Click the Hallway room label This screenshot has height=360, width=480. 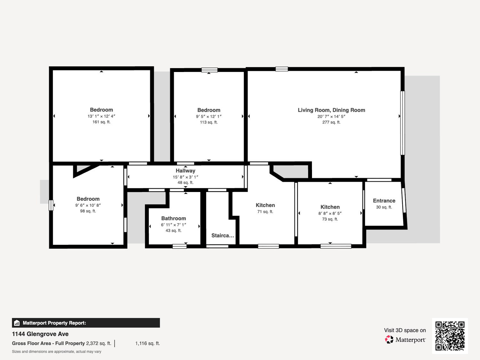(x=185, y=171)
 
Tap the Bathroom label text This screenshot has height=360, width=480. (x=174, y=218)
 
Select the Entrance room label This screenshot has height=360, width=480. (x=384, y=201)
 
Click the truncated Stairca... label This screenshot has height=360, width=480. (x=223, y=236)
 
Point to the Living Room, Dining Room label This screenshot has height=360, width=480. (x=331, y=110)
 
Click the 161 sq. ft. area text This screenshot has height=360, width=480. (x=101, y=122)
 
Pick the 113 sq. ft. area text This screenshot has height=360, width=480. (x=209, y=122)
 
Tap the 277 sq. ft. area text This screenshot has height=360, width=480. (x=331, y=122)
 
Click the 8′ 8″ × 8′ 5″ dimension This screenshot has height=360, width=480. (x=330, y=213)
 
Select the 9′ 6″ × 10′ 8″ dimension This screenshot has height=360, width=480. (x=88, y=205)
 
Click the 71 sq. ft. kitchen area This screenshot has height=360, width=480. (x=265, y=212)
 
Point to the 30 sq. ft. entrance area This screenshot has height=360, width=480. (x=384, y=207)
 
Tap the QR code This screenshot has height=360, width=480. (x=450, y=336)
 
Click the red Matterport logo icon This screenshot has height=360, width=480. (x=389, y=340)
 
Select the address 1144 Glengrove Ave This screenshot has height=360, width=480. (x=40, y=334)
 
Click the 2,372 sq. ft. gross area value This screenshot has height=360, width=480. (x=99, y=343)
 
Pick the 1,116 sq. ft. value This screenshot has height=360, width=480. (x=148, y=343)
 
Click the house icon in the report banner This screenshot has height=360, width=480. (x=17, y=323)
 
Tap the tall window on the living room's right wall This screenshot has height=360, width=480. (x=403, y=123)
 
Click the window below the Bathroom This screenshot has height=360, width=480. (x=180, y=246)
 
